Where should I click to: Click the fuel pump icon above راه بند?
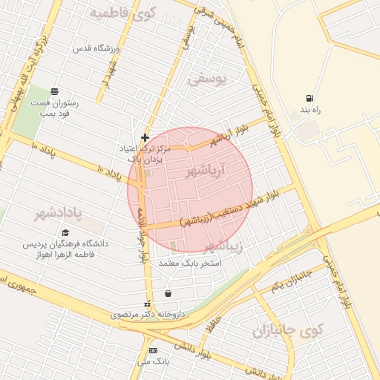click(x=309, y=99)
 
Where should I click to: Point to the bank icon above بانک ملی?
click(x=153, y=350)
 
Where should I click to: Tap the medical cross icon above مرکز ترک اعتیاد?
click(x=145, y=137)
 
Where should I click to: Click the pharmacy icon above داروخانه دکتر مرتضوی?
click(x=147, y=304)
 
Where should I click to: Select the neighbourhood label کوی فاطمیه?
click(x=122, y=14)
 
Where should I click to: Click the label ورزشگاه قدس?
click(x=92, y=49)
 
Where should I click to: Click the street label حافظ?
click(x=215, y=321)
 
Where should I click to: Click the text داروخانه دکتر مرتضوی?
click(x=148, y=315)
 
